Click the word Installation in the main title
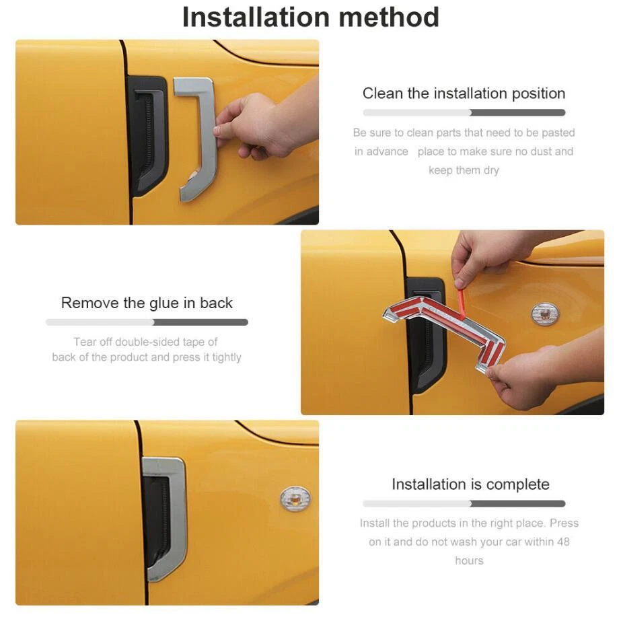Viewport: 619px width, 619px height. tap(256, 17)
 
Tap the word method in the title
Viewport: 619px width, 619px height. tap(389, 17)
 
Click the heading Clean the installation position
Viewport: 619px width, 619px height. tap(464, 94)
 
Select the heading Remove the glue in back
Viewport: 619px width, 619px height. tap(147, 303)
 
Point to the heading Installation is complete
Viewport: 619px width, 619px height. tap(470, 484)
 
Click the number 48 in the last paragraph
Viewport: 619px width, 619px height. tap(563, 542)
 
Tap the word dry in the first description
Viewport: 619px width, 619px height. tap(490, 170)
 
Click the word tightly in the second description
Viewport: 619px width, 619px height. tap(227, 357)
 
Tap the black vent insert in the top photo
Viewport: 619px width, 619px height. tap(147, 136)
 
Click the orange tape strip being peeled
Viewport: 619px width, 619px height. tap(463, 303)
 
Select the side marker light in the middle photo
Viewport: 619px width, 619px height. tap(545, 314)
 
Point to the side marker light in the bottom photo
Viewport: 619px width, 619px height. tap(295, 499)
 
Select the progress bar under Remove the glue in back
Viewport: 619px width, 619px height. tap(147, 322)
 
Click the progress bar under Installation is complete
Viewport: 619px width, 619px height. tap(464, 503)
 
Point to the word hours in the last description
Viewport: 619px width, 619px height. tap(469, 560)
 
